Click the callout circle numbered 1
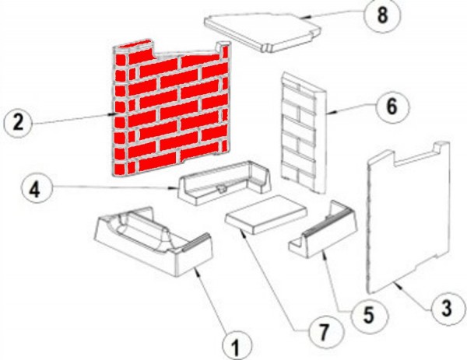pyautogui.click(x=237, y=346)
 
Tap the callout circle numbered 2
pyautogui.click(x=18, y=122)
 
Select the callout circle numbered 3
pyautogui.click(x=446, y=308)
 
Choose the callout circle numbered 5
pyautogui.click(x=369, y=315)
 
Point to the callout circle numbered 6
pyautogui.click(x=392, y=107)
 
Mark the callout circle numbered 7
pyautogui.click(x=324, y=330)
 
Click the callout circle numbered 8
pyautogui.click(x=382, y=16)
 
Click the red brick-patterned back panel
pyautogui.click(x=171, y=109)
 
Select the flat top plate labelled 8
pyautogui.click(x=263, y=32)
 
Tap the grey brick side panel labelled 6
pyautogui.click(x=304, y=132)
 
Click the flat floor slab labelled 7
pyautogui.click(x=266, y=215)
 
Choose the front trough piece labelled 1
pyautogui.click(x=153, y=241)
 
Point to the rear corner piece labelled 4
pyautogui.click(x=224, y=183)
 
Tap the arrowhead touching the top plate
pyautogui.click(x=304, y=17)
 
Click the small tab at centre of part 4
pyautogui.click(x=221, y=189)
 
